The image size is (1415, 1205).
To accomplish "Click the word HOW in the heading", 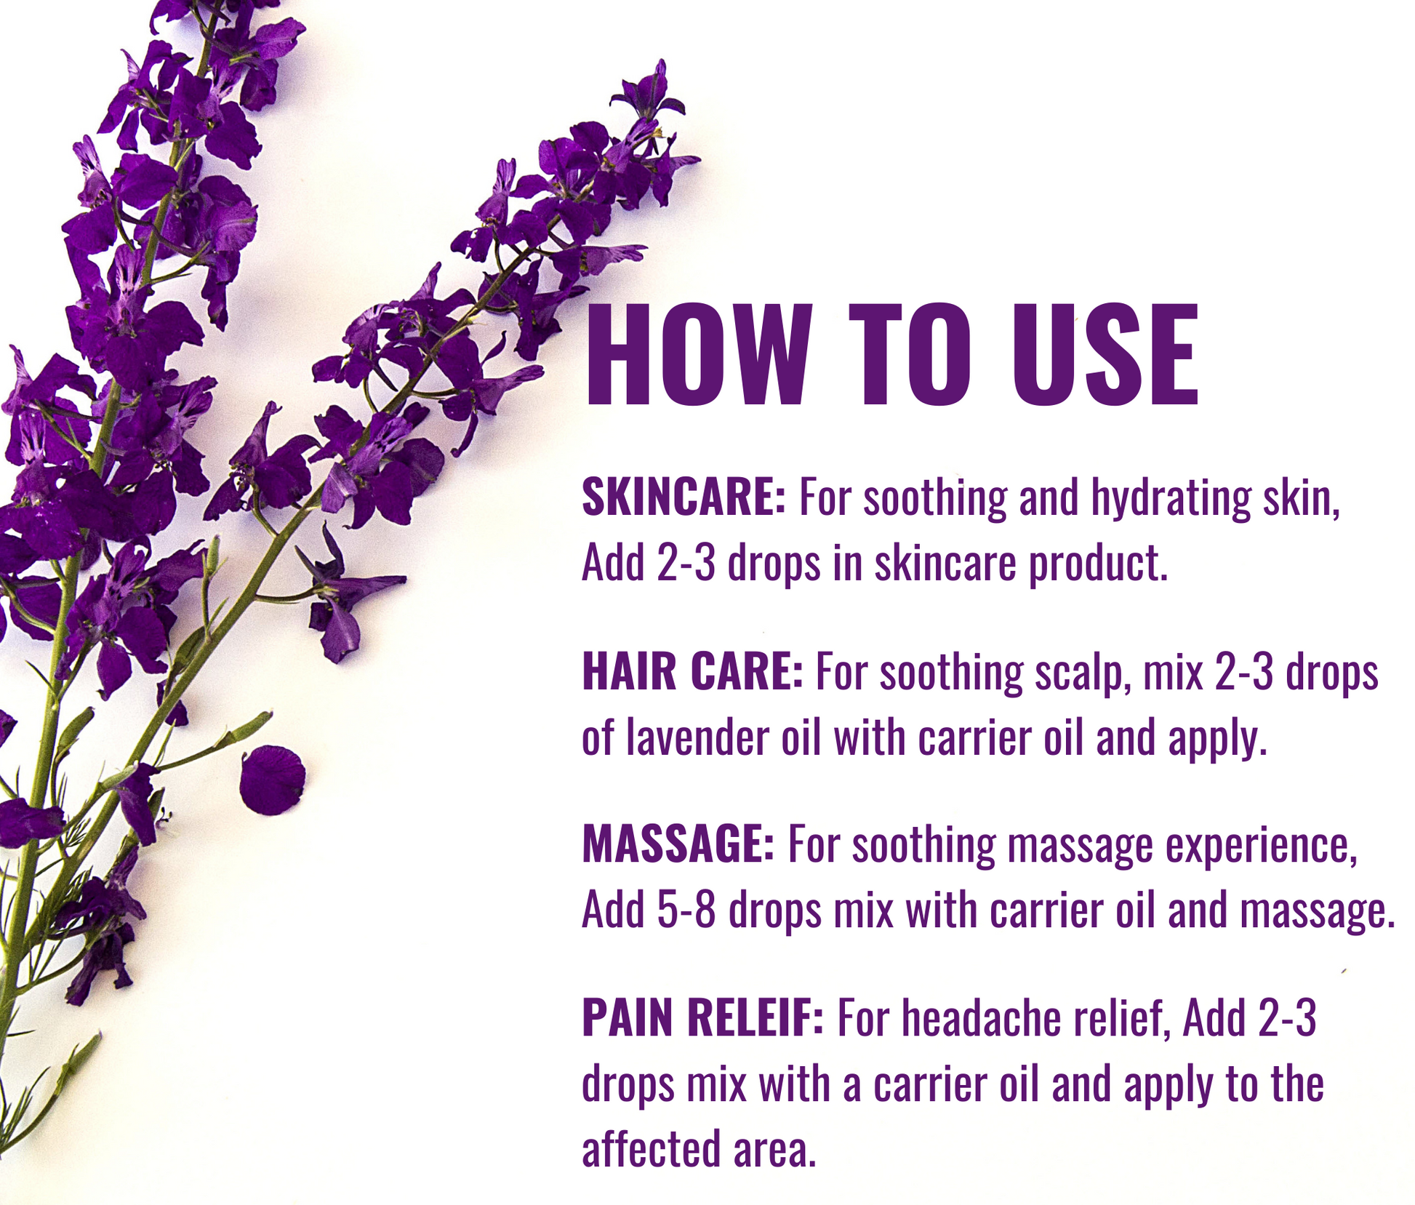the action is point(698,353).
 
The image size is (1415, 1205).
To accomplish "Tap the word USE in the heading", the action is point(1105,353).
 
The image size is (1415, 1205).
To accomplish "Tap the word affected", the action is point(651,1148).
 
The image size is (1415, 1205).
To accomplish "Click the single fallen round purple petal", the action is point(272,780).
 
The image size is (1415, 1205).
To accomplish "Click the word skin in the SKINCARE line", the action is point(1302,498).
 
